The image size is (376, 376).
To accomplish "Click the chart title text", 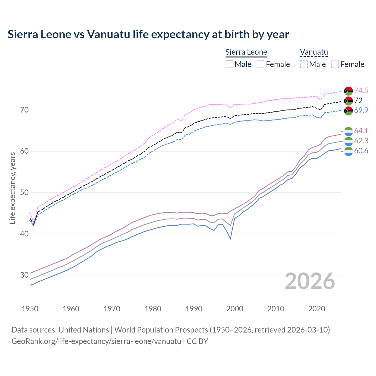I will click(148, 34).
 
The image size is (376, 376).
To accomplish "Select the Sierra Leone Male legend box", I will click(229, 64).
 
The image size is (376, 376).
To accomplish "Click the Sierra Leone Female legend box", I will click(261, 64).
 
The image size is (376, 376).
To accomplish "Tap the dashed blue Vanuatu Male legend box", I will click(304, 64).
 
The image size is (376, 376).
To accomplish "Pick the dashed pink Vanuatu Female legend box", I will click(335, 64).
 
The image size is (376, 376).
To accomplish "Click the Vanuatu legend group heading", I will click(314, 52).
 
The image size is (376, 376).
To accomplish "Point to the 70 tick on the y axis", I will click(24, 110).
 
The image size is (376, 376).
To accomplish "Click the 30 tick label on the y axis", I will click(24, 275).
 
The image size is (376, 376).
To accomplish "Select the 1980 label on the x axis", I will click(153, 309).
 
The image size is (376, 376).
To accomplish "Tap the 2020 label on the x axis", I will click(317, 309).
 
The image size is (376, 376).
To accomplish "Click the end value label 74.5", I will click(361, 90).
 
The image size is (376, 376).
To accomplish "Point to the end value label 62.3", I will click(361, 141).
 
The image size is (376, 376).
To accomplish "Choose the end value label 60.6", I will click(361, 151).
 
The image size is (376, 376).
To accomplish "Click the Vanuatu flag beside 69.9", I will click(348, 111).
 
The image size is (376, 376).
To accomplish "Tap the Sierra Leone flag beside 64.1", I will click(348, 131).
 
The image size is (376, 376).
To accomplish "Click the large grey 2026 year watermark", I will click(310, 281).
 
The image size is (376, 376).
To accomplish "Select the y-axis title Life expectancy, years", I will click(12, 188).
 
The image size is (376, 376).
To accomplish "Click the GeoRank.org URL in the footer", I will click(96, 341).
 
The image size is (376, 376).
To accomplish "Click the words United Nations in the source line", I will click(84, 330).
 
